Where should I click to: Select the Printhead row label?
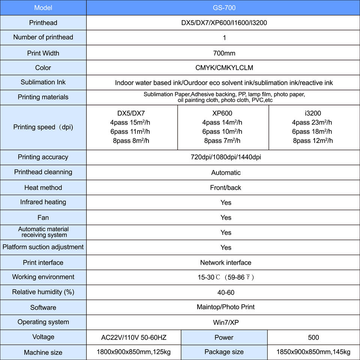tap(43, 23)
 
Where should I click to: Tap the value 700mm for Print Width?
tap(224, 53)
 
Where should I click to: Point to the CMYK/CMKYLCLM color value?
tap(224, 68)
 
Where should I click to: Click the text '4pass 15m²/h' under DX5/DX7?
tap(130, 123)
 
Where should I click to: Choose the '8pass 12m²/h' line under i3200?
tap(313, 141)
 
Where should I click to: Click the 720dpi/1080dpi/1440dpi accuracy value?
tap(226, 157)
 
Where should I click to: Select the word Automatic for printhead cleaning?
tap(226, 173)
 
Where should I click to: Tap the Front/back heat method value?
tap(225, 188)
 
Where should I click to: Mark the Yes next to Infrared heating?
tap(226, 203)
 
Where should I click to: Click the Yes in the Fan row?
tap(226, 218)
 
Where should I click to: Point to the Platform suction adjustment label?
tap(43, 247)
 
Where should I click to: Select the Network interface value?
tap(225, 263)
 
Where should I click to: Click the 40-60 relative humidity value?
tap(226, 292)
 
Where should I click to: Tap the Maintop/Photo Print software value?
tap(225, 307)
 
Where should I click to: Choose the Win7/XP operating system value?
tap(226, 322)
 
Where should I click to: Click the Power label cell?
tap(224, 337)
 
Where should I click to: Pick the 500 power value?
tap(313, 337)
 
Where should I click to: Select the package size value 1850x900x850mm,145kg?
tap(313, 352)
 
